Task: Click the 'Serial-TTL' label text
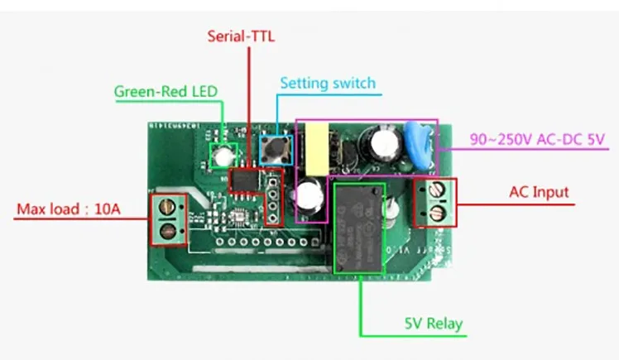click(240, 36)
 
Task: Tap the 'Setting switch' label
click(327, 83)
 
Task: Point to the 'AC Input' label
click(539, 192)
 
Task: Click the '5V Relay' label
click(433, 324)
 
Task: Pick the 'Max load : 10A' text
click(69, 210)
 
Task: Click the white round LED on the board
click(222, 154)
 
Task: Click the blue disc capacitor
click(417, 136)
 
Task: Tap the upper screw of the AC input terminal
click(439, 194)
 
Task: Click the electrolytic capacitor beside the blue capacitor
click(383, 141)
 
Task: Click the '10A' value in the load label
click(105, 210)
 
